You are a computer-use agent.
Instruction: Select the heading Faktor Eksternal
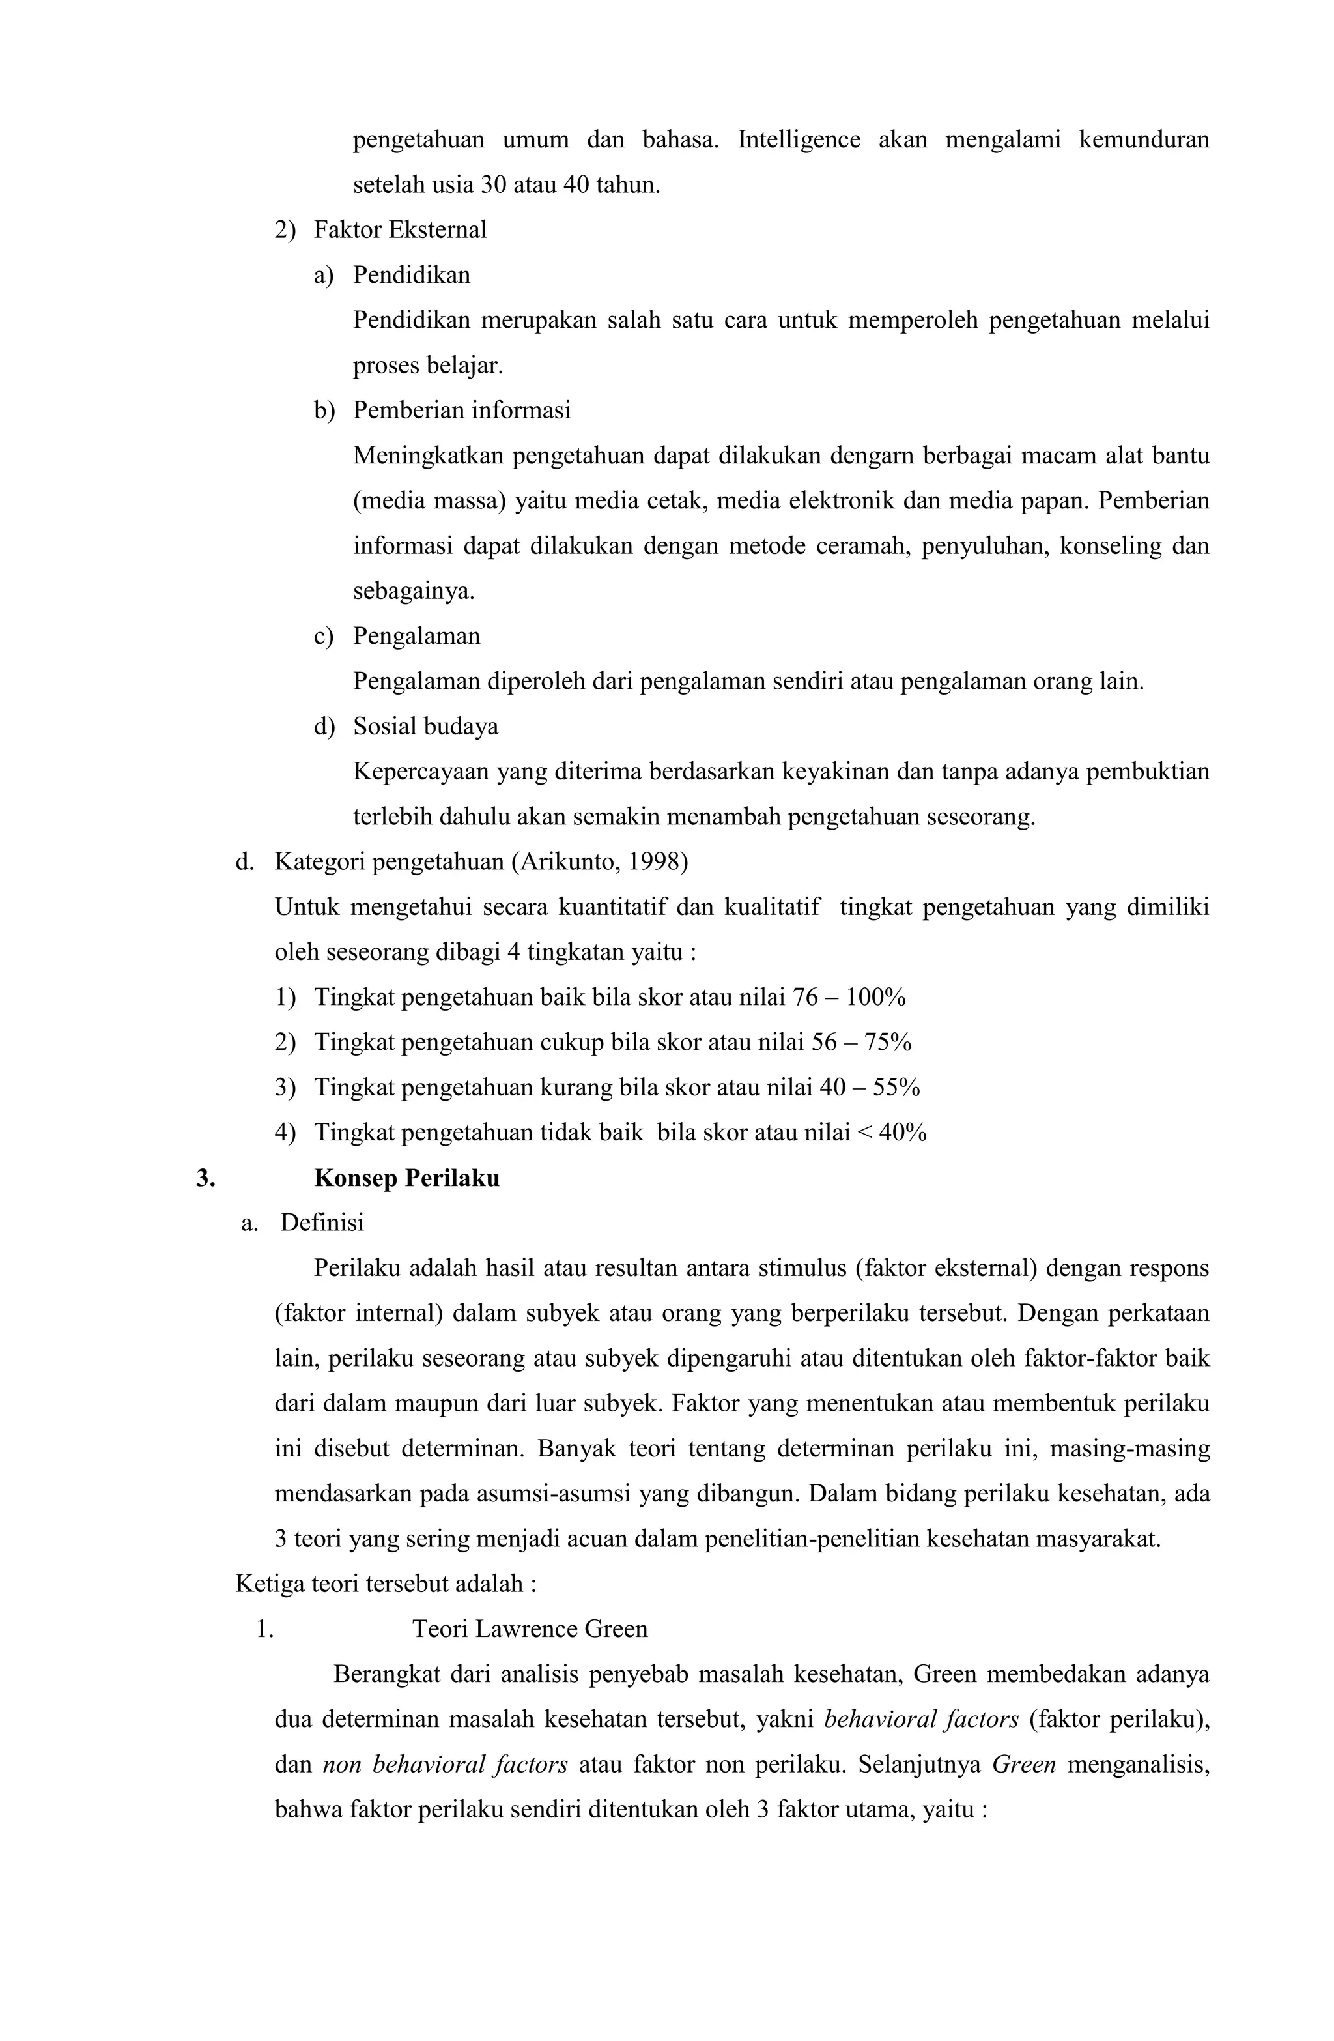coord(399,230)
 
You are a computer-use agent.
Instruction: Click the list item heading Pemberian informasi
coord(461,411)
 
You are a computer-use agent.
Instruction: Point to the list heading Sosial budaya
coord(425,727)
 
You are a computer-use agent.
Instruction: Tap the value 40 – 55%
coord(870,1088)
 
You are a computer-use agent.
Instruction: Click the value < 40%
coord(892,1133)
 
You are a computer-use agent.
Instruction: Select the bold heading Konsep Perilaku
coord(406,1178)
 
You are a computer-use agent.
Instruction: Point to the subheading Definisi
coord(322,1223)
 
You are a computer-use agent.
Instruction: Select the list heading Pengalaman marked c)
coord(417,636)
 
